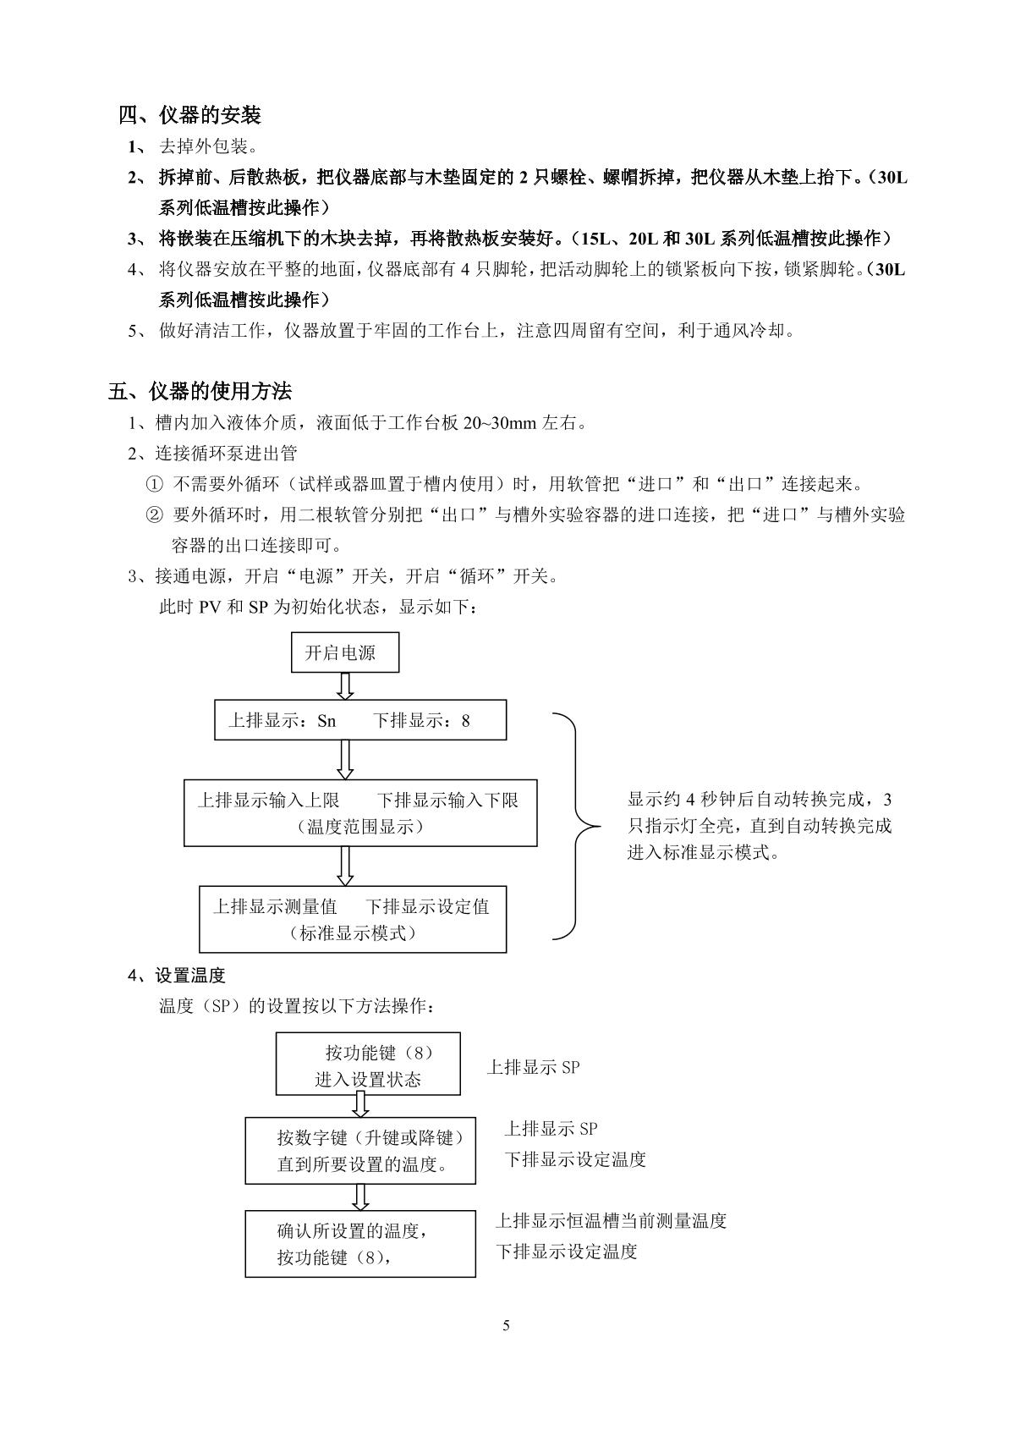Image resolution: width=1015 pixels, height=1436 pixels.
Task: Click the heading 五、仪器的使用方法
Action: (200, 391)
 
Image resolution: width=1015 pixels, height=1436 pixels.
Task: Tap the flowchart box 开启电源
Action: (344, 653)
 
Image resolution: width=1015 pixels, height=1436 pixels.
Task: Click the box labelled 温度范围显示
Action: (359, 812)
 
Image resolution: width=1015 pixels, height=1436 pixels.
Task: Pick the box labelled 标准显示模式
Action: (352, 919)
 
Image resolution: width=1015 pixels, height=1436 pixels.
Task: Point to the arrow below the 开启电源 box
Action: (345, 685)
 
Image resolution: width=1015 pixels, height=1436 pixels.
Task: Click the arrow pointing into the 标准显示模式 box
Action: (345, 866)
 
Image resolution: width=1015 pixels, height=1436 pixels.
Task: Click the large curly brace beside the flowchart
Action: (578, 826)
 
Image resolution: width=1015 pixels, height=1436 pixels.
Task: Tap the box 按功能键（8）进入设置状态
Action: (368, 1065)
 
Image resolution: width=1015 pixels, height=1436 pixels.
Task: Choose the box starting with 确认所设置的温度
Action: (359, 1243)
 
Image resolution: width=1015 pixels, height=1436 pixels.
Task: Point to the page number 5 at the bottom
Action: (506, 1325)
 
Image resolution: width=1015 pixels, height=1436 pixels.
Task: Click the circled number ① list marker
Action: (154, 485)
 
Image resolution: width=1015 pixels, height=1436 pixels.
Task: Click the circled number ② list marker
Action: (154, 514)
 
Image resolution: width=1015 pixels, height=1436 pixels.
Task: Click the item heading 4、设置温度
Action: (176, 975)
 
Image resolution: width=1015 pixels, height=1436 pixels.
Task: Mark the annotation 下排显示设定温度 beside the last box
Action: (566, 1252)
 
